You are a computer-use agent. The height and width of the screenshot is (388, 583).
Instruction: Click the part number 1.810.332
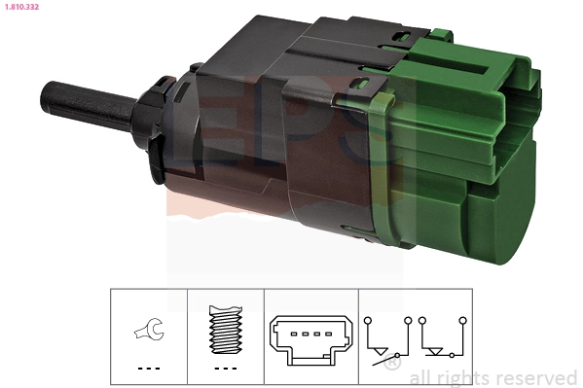20,9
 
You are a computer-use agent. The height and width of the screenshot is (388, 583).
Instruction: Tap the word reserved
534,377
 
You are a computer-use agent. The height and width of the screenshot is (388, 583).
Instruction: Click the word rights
460,377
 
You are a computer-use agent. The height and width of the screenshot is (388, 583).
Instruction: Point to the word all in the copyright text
419,377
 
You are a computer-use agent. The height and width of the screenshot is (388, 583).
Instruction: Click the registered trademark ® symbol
391,365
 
